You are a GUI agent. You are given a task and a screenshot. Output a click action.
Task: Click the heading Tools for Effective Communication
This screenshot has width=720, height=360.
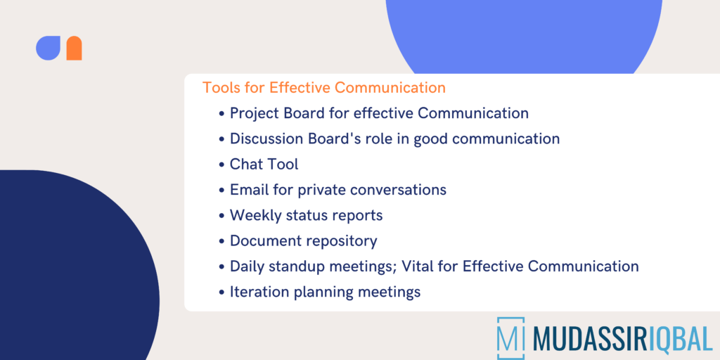coord(324,88)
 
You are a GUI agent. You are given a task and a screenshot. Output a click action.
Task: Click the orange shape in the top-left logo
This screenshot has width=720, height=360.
coord(74,49)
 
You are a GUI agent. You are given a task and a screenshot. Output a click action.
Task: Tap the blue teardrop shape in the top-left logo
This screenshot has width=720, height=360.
coord(48,48)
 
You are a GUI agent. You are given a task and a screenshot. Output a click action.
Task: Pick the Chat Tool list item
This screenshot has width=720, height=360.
coord(264,164)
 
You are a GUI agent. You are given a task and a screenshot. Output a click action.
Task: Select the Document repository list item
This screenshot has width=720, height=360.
coord(303,240)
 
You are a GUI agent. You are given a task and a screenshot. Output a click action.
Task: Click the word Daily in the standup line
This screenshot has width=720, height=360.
coord(247,266)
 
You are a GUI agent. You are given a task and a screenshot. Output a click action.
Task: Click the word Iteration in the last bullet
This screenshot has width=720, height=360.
coord(259,292)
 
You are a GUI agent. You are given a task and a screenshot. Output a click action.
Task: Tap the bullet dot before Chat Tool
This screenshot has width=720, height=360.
coord(222,165)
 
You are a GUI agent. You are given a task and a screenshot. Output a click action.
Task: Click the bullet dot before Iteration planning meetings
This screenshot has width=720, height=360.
coord(222,292)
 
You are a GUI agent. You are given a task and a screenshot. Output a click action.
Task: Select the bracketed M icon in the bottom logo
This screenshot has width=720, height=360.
coord(510,337)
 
